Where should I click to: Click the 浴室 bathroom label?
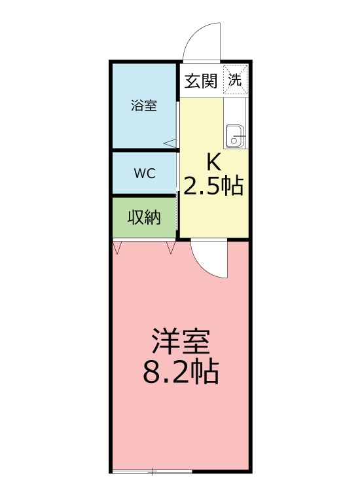143,105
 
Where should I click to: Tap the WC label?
144,173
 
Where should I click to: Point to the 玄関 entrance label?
201,81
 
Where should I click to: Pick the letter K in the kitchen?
213,161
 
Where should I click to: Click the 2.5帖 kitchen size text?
213,187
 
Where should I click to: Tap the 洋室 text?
180,342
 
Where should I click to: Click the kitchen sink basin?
235,136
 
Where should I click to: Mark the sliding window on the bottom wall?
152,471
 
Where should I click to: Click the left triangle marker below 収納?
118,247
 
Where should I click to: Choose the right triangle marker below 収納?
171,247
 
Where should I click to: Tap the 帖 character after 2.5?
232,187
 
